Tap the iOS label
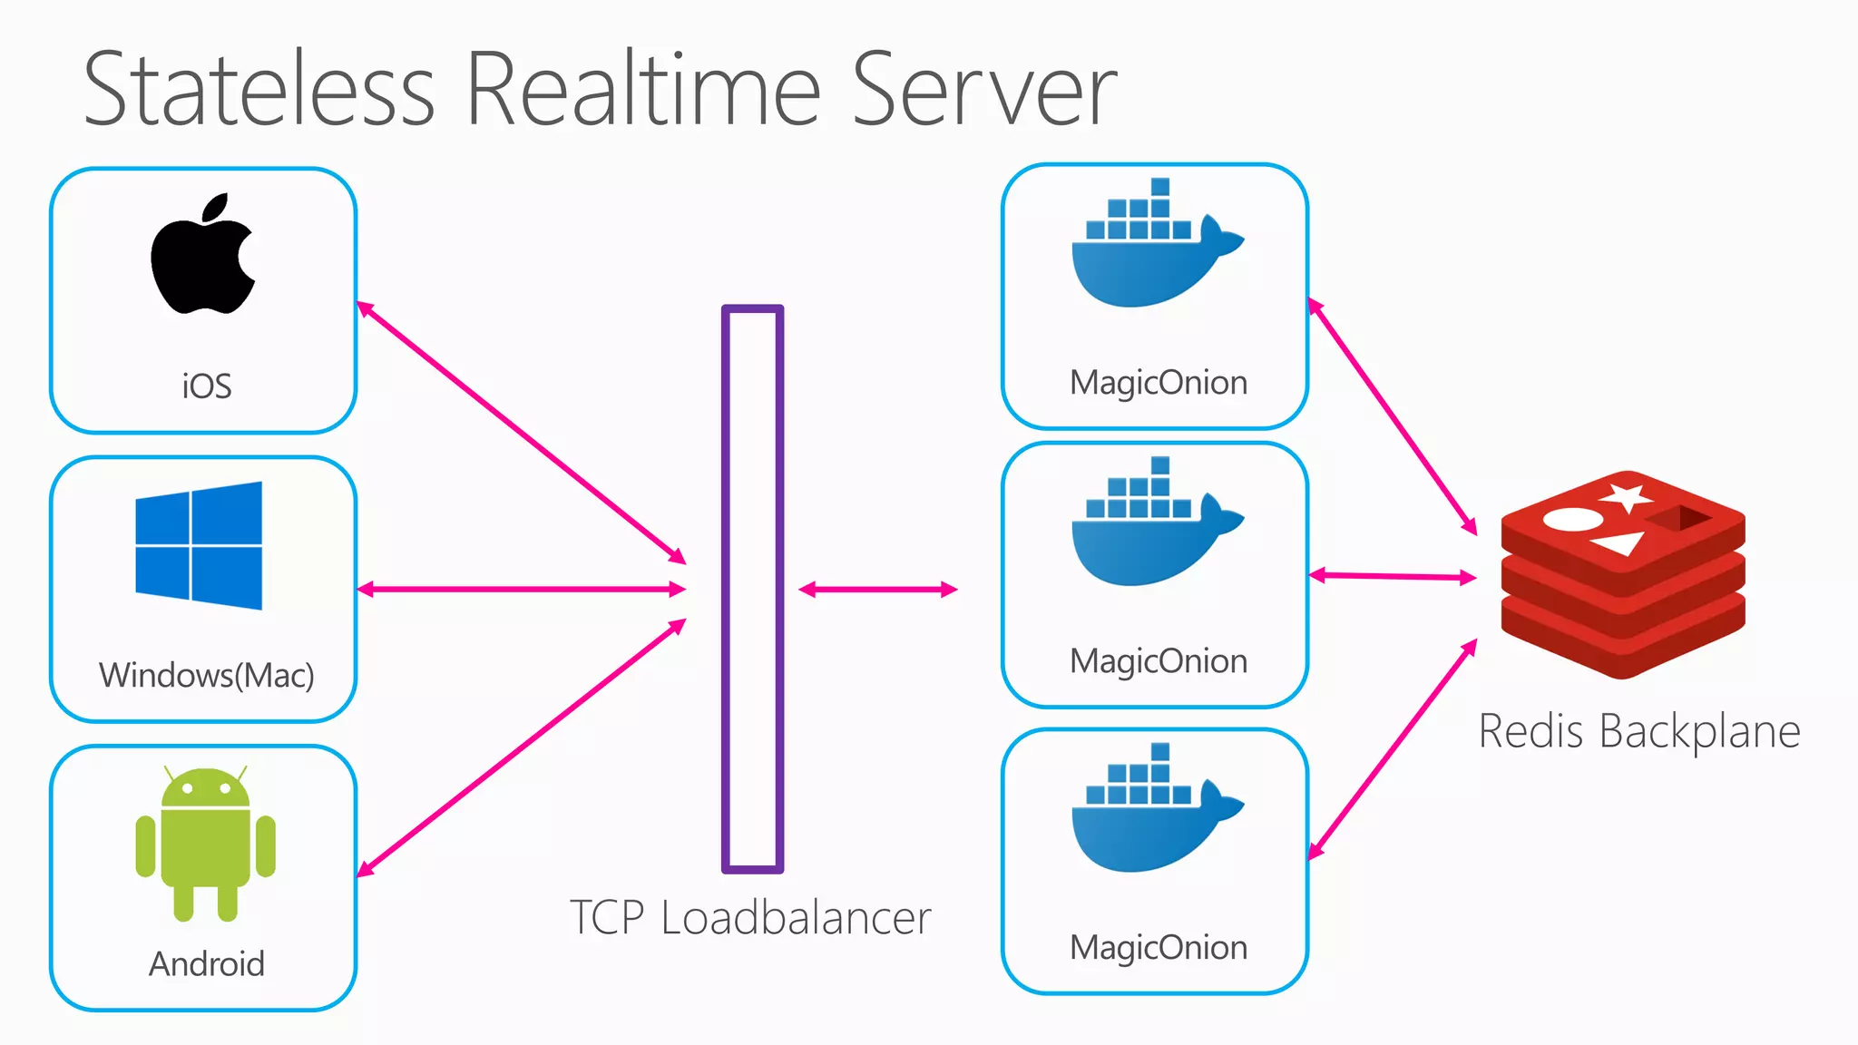pos(207,386)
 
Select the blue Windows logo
pos(199,545)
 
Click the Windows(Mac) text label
pos(207,676)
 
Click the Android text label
pos(207,963)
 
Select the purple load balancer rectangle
pos(752,590)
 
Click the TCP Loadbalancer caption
pos(750,918)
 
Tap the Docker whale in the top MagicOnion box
pos(1152,249)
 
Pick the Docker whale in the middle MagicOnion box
pos(1152,528)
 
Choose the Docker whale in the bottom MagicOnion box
pos(1152,815)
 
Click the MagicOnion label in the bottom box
pos(1159,948)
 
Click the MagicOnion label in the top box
pos(1159,383)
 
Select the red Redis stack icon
pos(1623,575)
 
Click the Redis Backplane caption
pos(1639,731)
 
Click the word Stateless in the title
pos(259,91)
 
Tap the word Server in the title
pos(984,91)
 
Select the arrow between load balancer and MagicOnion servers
pos(878,590)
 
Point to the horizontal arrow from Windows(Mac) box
pos(522,590)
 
